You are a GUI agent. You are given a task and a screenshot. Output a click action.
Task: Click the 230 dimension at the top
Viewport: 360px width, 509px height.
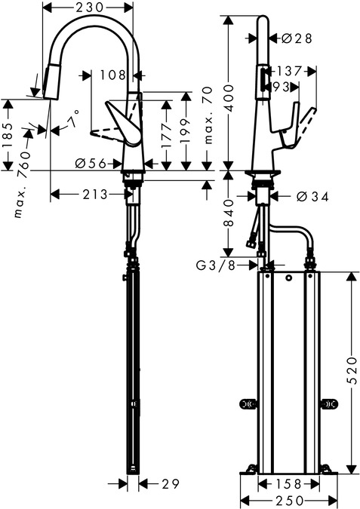pos(89,7)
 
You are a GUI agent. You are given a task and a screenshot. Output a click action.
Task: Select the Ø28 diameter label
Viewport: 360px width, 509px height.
pos(297,38)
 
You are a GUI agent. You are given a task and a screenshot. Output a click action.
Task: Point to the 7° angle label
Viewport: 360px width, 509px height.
pos(73,119)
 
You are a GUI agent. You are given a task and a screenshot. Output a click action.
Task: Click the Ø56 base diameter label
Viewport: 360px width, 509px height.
pos(91,164)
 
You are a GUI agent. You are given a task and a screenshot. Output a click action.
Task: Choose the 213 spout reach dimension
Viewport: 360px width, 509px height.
pos(95,195)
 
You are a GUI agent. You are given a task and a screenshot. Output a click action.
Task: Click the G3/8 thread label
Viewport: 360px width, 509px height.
pos(215,266)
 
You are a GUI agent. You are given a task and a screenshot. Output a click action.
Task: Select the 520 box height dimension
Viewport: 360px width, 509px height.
pos(352,371)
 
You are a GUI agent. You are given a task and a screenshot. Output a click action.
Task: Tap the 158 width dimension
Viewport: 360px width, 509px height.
pos(289,484)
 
